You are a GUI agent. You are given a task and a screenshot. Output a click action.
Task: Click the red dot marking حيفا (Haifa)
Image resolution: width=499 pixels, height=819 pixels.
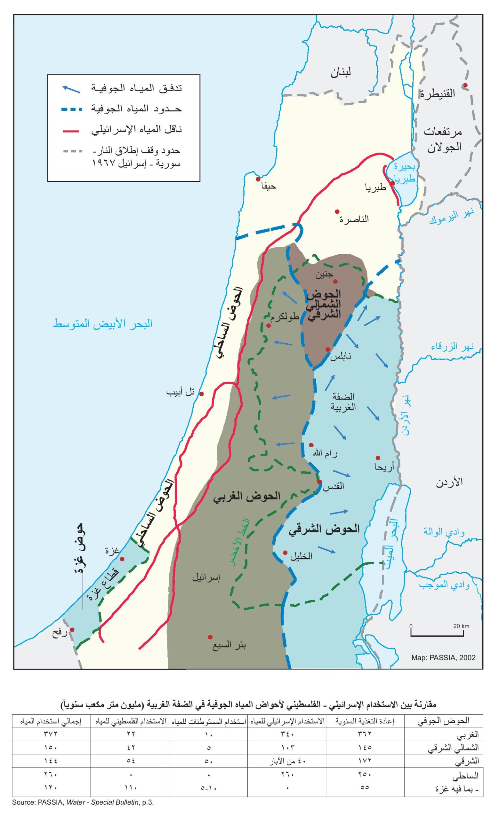(258, 179)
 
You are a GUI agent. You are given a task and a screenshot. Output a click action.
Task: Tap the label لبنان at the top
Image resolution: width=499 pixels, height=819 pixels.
(340, 72)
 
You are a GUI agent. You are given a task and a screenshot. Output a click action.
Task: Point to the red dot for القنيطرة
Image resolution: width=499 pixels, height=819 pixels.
(465, 85)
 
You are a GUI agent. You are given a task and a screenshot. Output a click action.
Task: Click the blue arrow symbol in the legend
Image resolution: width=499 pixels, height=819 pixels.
(71, 89)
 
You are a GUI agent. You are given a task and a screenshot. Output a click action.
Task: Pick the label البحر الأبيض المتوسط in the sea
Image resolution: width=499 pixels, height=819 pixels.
(103, 323)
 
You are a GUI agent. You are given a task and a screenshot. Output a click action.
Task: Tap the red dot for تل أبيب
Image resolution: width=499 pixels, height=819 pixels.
(201, 394)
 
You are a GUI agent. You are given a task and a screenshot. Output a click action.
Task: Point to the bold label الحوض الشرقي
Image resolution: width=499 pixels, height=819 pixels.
(324, 529)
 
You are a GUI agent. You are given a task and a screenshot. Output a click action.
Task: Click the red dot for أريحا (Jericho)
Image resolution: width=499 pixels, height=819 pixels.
(378, 457)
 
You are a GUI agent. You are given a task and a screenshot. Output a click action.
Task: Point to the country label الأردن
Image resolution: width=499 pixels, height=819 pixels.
(449, 483)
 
